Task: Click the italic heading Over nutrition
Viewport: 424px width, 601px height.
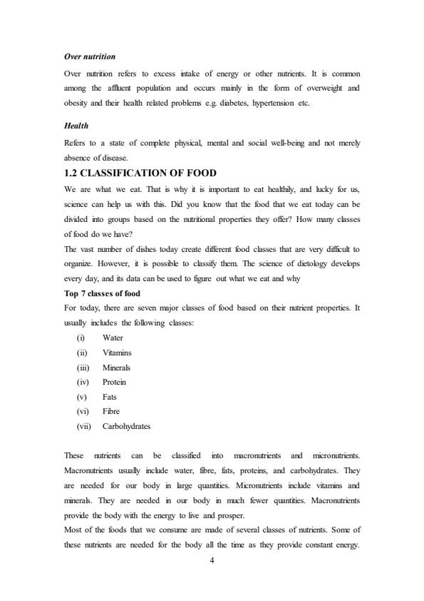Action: coord(90,56)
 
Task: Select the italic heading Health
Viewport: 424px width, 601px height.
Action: coord(76,126)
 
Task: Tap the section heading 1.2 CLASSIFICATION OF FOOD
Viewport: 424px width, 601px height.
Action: coord(140,173)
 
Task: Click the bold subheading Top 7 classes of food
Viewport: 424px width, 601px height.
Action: coord(102,293)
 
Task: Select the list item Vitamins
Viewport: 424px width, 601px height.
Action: coord(117,352)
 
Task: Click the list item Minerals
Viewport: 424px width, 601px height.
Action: coord(116,368)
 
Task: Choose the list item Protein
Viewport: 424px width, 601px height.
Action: coord(114,382)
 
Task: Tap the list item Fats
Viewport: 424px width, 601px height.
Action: coord(110,397)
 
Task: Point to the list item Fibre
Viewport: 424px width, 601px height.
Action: coord(111,412)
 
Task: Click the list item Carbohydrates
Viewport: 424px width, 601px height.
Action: coord(127,427)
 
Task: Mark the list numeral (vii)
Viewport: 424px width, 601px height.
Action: coord(85,427)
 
